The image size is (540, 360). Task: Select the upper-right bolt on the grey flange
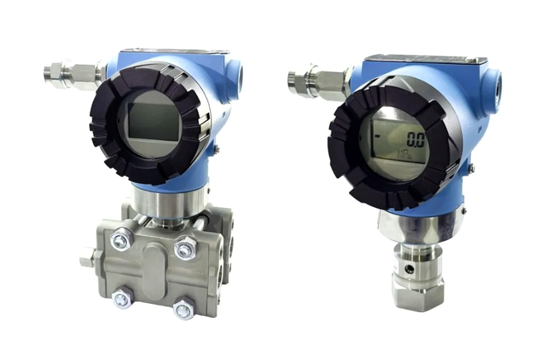[185, 248]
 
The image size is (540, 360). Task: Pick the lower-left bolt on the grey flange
[121, 299]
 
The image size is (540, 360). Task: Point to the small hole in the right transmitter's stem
[409, 269]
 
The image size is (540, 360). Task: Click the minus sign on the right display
[377, 135]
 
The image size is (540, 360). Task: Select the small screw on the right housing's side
[471, 167]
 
